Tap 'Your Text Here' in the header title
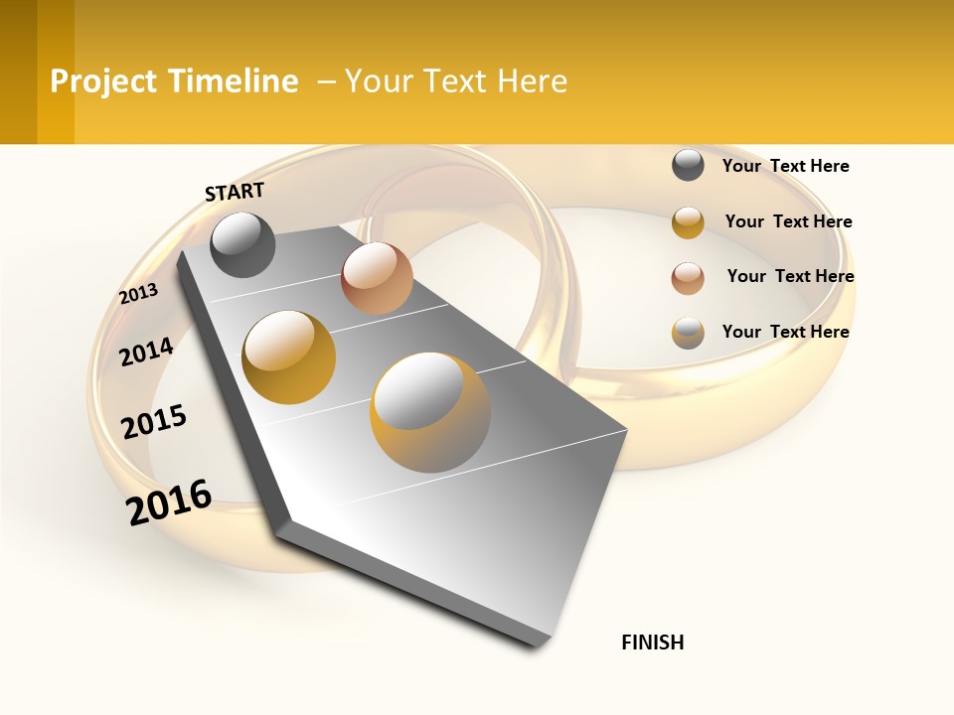point(456,81)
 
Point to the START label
point(235,192)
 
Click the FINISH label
point(652,643)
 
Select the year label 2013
point(138,294)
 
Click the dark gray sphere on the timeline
point(242,244)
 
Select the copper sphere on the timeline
point(377,278)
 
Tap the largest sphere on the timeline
point(430,412)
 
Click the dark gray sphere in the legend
point(688,165)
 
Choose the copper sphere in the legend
point(688,278)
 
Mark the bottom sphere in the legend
point(688,333)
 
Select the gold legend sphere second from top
point(688,222)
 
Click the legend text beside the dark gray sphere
point(785,166)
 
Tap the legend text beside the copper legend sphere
point(790,276)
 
